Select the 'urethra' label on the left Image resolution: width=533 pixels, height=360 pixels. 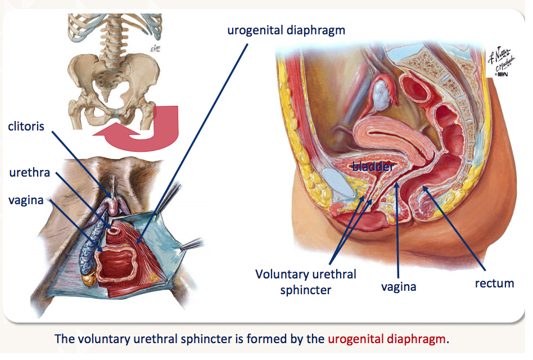click(x=29, y=172)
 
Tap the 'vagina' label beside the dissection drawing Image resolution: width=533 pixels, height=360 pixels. click(x=26, y=200)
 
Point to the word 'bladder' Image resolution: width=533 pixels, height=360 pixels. click(x=373, y=166)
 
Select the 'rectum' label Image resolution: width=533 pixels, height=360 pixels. click(x=494, y=283)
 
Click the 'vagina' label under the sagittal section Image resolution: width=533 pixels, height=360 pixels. click(x=399, y=287)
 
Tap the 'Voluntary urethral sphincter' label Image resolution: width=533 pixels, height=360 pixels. click(x=306, y=282)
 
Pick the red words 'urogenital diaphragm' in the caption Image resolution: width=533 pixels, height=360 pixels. click(x=389, y=339)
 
